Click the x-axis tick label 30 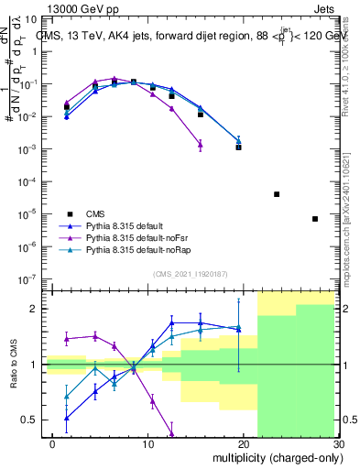pos(337,443)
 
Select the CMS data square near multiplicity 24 pos(277,194)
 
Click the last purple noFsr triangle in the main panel pos(201,144)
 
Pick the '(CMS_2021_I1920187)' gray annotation pos(189,273)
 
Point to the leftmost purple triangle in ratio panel pos(67,338)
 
